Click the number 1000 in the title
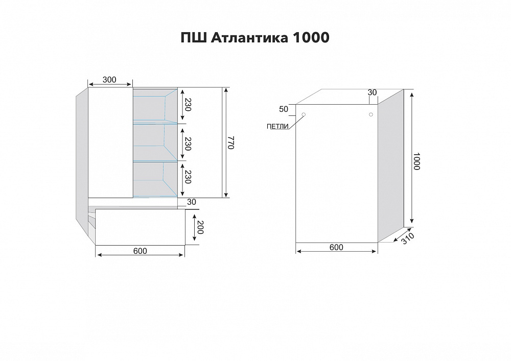point(311,38)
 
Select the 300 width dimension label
point(109,80)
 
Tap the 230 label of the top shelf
point(188,105)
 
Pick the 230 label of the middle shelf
point(188,144)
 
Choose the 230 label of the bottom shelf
point(188,177)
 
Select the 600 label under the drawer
point(140,251)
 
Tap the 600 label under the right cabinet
point(336,248)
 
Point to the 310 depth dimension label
point(407,239)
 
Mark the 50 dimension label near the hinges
point(284,109)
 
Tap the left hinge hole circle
point(304,114)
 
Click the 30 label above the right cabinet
point(372,92)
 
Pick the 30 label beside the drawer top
point(192,202)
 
